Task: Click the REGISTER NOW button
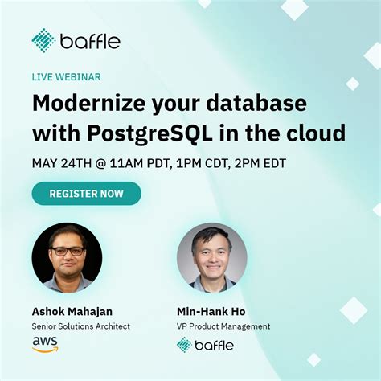(86, 194)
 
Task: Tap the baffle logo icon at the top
(43, 40)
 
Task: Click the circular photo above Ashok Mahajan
(67, 257)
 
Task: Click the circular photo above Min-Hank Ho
(211, 257)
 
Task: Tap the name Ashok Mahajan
(73, 311)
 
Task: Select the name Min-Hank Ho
(211, 311)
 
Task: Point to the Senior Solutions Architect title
(81, 326)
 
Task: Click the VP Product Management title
(223, 326)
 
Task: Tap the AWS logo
(45, 344)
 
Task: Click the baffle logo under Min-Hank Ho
(205, 345)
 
